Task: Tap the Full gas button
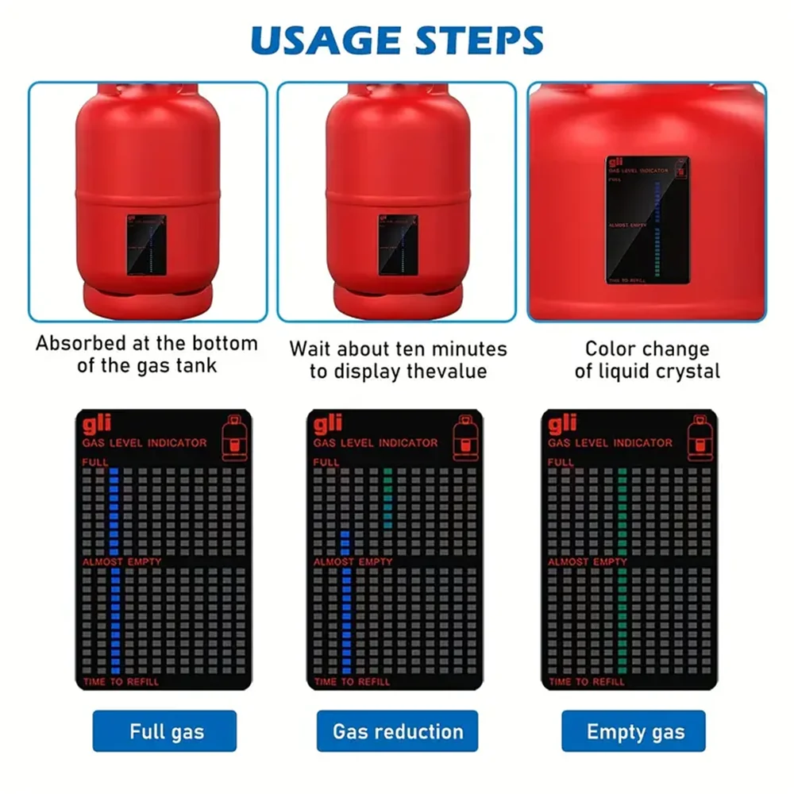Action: tap(164, 730)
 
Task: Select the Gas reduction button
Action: tap(397, 730)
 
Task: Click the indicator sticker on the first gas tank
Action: tap(147, 244)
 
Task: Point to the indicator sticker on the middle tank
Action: tap(397, 244)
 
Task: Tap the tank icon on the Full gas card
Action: tap(234, 437)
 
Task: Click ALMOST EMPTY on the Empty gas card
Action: tap(588, 561)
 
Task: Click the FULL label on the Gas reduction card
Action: tap(326, 462)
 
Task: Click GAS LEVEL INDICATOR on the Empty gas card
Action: tap(610, 443)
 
